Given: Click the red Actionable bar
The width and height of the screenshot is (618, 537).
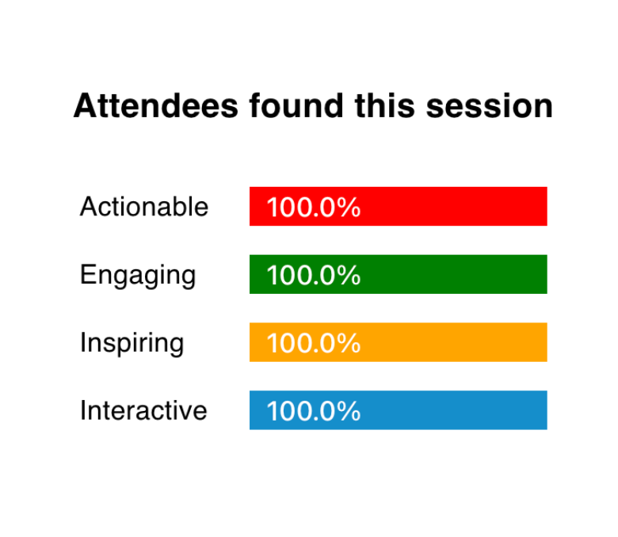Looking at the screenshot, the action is point(398,207).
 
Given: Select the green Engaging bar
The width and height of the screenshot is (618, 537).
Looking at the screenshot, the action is point(398,274).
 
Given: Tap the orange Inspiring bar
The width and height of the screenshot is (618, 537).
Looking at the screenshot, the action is point(398,342).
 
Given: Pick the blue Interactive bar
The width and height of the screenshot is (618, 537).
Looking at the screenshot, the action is point(398,410).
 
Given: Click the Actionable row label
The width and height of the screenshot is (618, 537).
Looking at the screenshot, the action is point(144,207).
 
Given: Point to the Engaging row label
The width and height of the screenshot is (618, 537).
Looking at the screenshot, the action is point(138,276).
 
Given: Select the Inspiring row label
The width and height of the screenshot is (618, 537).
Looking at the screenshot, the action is point(132,344).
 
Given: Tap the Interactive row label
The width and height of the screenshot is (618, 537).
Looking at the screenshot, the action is point(143,410).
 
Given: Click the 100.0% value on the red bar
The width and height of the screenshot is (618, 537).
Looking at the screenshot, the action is point(314,207).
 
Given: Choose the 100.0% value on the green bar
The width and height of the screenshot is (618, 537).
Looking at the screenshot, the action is point(314,275).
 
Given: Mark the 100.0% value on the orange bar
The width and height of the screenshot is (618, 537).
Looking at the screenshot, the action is point(314,343).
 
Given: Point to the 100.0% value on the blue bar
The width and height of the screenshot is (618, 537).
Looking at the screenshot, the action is point(314,411).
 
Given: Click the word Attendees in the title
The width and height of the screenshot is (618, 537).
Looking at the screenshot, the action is point(156,105).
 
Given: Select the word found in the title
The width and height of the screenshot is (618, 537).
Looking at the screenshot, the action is point(296,105).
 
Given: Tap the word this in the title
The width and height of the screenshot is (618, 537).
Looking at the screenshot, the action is point(385,105).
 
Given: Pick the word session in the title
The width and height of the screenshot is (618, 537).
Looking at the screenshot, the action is point(490,106).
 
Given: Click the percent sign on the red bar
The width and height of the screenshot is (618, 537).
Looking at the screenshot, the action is point(349,207).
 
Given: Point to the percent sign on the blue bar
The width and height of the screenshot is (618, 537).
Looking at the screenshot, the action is point(349,411).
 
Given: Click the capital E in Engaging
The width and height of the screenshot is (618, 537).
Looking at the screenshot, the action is point(87,274).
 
